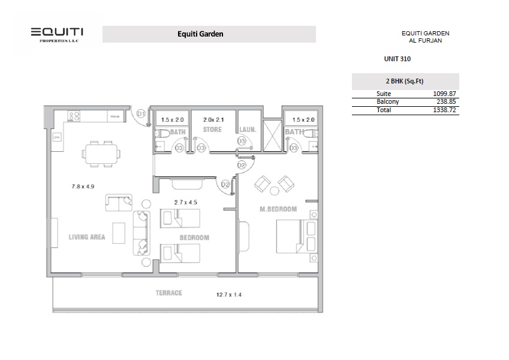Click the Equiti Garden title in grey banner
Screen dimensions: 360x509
tap(200, 34)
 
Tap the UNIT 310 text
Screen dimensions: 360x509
tap(397, 59)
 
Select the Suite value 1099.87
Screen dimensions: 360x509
tap(444, 94)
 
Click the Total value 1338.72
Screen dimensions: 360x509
tap(444, 110)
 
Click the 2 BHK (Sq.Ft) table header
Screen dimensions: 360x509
tap(405, 81)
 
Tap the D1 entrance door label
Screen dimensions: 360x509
tap(141, 113)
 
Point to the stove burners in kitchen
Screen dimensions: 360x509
tap(74, 116)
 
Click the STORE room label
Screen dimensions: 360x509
tap(212, 130)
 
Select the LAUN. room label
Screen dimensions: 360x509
tap(248, 130)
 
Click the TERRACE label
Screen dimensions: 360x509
tap(168, 293)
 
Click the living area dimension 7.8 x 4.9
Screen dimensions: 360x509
tap(83, 187)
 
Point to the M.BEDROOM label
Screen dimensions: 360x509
tap(278, 209)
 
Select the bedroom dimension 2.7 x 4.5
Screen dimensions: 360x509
tap(186, 202)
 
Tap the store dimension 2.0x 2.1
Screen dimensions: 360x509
tap(212, 119)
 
